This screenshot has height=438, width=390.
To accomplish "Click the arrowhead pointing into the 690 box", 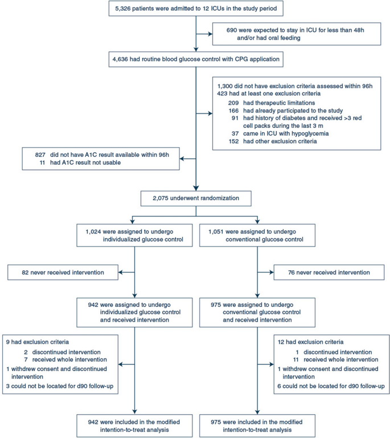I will [211, 34].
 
